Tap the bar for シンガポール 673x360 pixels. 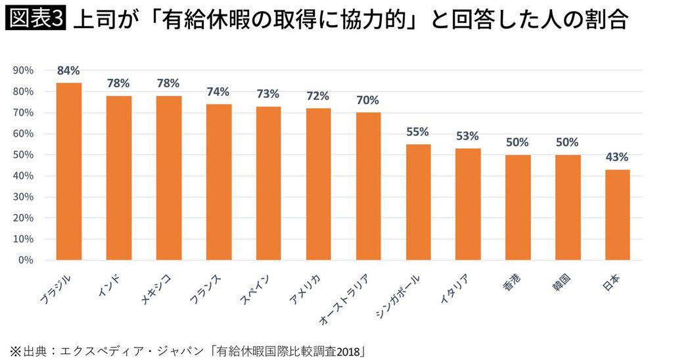pyautogui.click(x=418, y=202)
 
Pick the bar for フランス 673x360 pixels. pyautogui.click(x=218, y=181)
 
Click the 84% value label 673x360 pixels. pyautogui.click(x=69, y=71)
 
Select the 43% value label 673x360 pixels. pyautogui.click(x=618, y=158)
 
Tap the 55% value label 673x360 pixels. pyautogui.click(x=418, y=132)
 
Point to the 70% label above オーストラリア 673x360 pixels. pyautogui.click(x=368, y=101)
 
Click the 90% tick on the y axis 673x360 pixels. pyautogui.click(x=24, y=70)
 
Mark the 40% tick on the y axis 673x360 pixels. pyautogui.click(x=24, y=176)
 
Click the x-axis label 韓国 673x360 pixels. pyautogui.click(x=562, y=281)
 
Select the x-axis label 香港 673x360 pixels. pyautogui.click(x=512, y=281)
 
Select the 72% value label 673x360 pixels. pyautogui.click(x=318, y=96)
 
